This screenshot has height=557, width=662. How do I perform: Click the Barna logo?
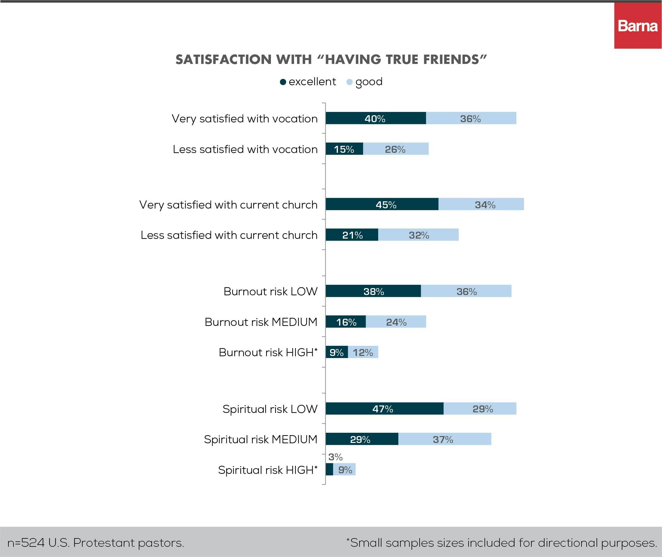pos(638,26)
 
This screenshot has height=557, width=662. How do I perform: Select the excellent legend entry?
pos(308,82)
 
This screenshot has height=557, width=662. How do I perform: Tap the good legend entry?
pos(365,82)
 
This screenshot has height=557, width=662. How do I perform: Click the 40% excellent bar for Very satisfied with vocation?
pos(375,119)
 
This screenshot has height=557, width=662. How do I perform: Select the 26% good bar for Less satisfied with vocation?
pos(396,149)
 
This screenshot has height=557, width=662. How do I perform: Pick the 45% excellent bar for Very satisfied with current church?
pos(382,204)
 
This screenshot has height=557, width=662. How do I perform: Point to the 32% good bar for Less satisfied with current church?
pos(418,235)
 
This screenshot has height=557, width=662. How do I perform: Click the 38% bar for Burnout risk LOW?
pos(373,291)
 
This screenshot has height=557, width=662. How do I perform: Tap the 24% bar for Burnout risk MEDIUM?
pos(396,322)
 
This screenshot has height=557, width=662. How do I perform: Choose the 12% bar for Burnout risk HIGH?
pos(363,352)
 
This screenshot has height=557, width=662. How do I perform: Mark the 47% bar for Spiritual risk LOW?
pos(384,408)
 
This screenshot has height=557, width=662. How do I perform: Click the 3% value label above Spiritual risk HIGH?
pos(335,457)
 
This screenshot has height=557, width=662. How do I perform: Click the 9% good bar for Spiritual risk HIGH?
pos(345,470)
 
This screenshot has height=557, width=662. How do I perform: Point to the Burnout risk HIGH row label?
pos(268,352)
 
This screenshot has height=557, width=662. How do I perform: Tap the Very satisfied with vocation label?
pos(244,119)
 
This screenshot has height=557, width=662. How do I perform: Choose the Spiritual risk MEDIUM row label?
pos(260,439)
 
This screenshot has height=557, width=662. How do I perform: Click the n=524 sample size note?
pos(96,543)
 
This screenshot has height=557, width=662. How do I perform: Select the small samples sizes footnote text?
pos(502,543)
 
